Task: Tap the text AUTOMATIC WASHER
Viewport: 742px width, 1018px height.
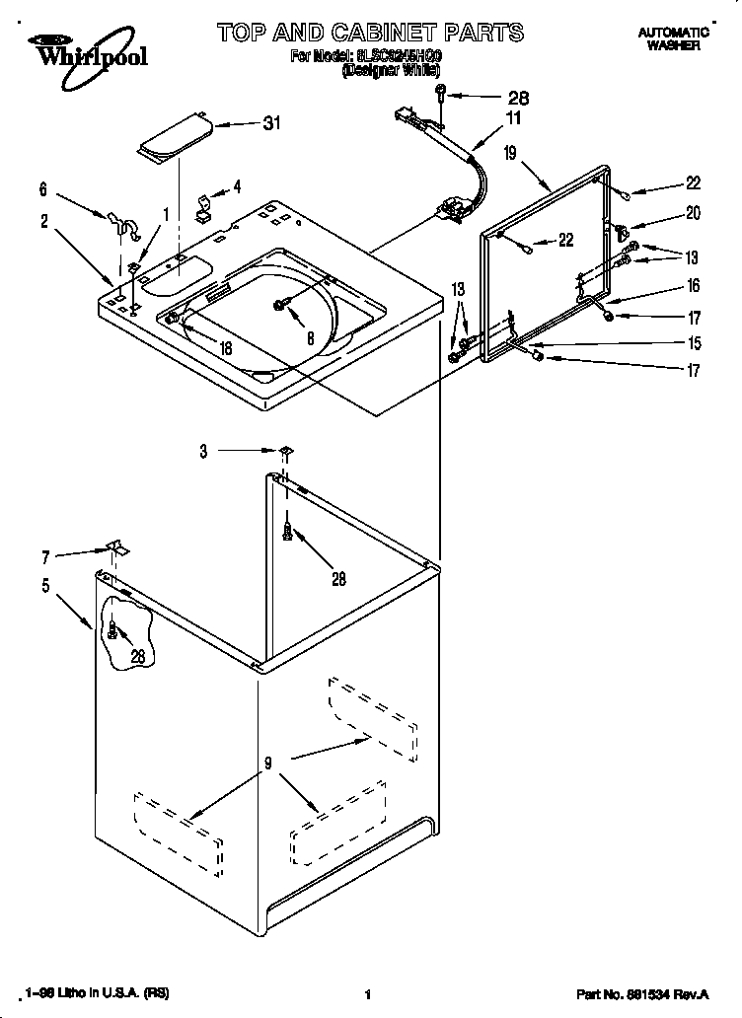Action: pyautogui.click(x=675, y=38)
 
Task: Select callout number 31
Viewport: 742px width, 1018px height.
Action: pyautogui.click(x=271, y=123)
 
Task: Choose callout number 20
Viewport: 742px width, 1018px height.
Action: pyautogui.click(x=693, y=212)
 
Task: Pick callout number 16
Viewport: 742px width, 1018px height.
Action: pyautogui.click(x=693, y=286)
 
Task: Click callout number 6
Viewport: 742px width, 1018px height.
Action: pyautogui.click(x=42, y=188)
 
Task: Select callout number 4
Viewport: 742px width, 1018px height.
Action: pyautogui.click(x=237, y=185)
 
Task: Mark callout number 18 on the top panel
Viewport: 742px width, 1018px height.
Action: pyautogui.click(x=225, y=348)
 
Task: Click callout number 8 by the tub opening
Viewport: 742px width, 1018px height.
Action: pyautogui.click(x=310, y=337)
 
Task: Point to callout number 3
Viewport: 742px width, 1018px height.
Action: pyautogui.click(x=203, y=452)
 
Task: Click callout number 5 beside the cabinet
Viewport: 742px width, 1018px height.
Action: pyautogui.click(x=45, y=585)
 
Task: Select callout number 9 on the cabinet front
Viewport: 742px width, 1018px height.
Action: pyautogui.click(x=267, y=762)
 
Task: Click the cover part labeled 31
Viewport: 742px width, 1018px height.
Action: pyautogui.click(x=174, y=138)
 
